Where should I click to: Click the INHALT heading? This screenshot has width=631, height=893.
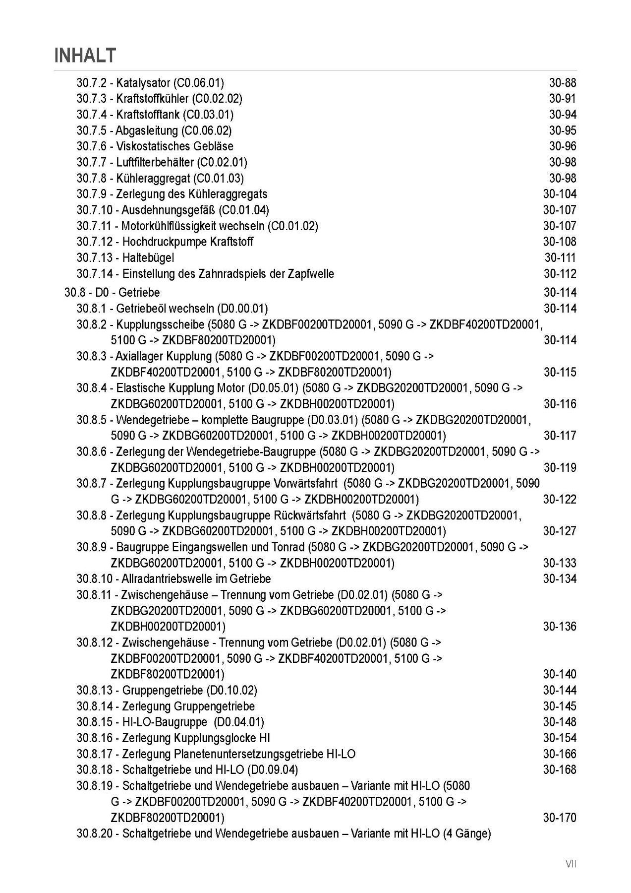(x=85, y=55)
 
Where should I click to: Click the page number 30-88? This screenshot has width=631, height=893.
(x=562, y=83)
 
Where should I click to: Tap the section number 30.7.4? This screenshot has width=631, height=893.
(x=91, y=115)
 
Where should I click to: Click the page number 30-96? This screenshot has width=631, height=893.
(x=562, y=146)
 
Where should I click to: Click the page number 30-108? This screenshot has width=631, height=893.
(x=560, y=242)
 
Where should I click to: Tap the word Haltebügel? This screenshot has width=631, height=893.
(x=148, y=257)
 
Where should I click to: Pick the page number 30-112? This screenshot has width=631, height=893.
(x=560, y=273)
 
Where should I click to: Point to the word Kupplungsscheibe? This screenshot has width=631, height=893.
(x=160, y=324)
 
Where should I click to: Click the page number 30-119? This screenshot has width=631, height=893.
(x=560, y=467)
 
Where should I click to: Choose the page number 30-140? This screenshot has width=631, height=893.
(x=560, y=674)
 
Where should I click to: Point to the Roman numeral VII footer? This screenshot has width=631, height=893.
(x=571, y=864)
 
